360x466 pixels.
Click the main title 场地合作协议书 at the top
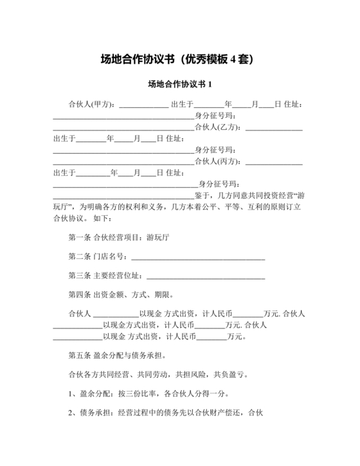click(138, 60)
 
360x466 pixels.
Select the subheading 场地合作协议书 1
click(180, 84)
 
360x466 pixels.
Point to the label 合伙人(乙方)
click(219, 127)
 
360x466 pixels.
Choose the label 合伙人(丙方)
click(219, 161)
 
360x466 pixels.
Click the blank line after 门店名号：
click(197, 258)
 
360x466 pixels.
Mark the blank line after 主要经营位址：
click(206, 278)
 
